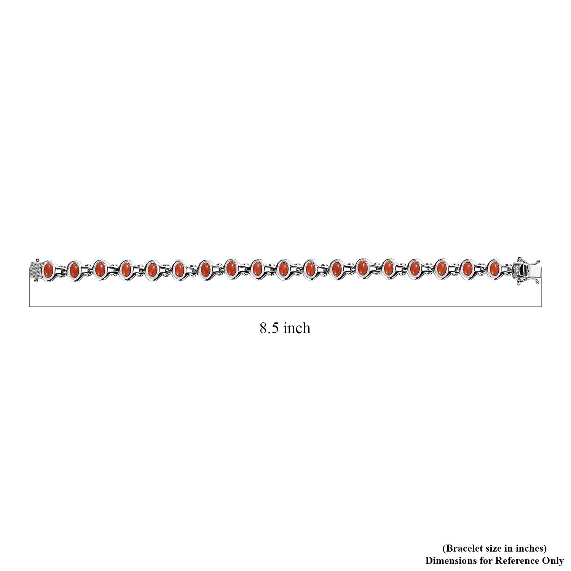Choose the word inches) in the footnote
532,549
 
